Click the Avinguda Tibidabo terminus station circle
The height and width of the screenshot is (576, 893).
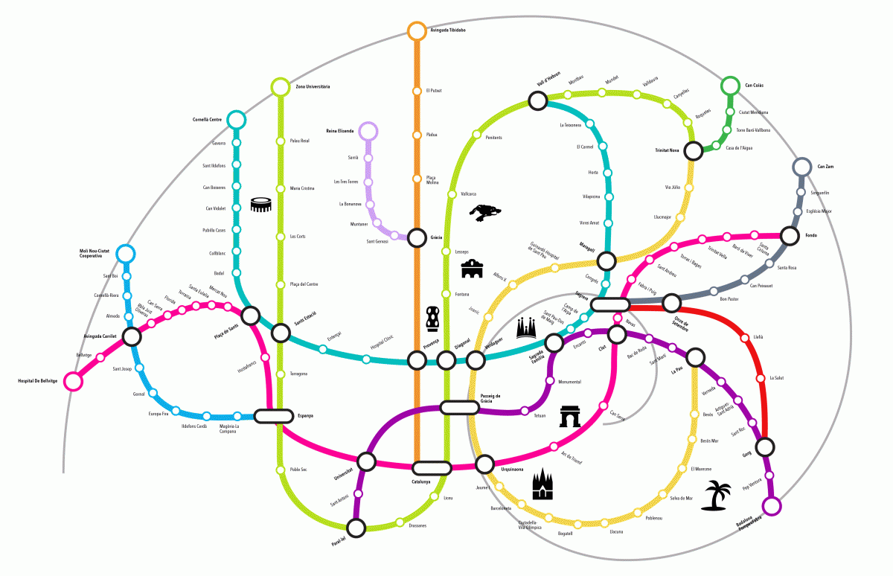[x=417, y=31]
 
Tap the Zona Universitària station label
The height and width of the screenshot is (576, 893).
[x=313, y=87]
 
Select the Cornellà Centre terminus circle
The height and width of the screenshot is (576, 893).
[x=236, y=119]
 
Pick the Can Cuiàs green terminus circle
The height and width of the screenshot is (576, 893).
[x=731, y=86]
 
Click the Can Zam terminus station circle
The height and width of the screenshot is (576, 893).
[x=802, y=167]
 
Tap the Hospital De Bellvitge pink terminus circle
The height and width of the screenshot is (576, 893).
[x=73, y=381]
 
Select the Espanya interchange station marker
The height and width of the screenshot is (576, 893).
[x=274, y=416]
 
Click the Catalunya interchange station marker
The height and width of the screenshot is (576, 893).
[x=432, y=468]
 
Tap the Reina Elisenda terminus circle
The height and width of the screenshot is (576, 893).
[x=368, y=131]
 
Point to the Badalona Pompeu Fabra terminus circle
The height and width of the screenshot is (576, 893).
[x=772, y=507]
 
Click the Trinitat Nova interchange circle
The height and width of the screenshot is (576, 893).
[x=694, y=151]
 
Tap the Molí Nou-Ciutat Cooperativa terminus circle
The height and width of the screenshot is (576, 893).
[x=126, y=254]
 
